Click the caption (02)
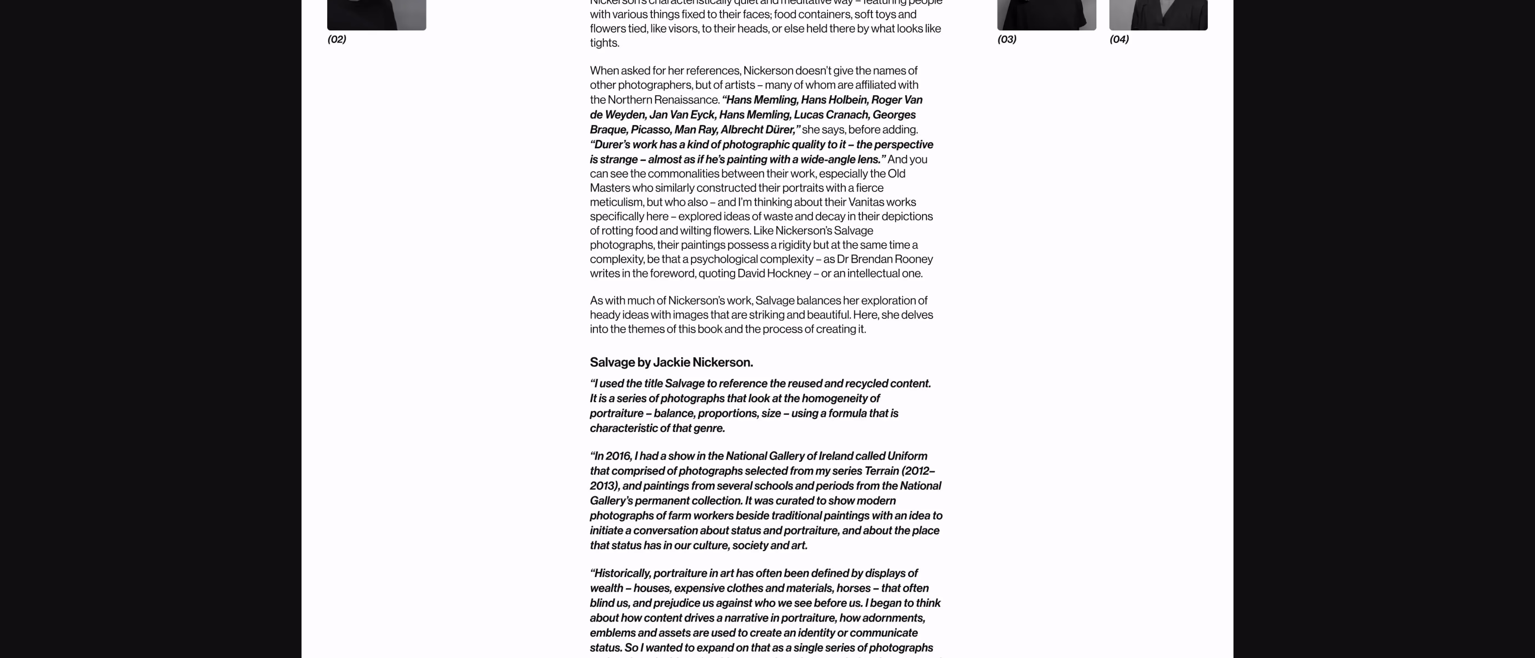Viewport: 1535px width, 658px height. click(337, 39)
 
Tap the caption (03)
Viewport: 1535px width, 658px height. click(1007, 39)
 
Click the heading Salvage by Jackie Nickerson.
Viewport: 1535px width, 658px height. click(671, 362)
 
